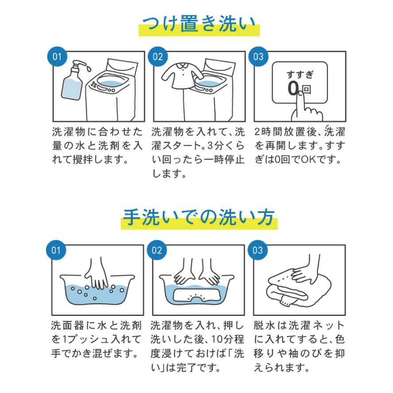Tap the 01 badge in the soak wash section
[56, 57]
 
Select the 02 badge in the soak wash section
[158, 57]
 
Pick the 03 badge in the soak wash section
[258, 57]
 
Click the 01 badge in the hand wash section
[56, 250]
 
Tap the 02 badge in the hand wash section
[158, 250]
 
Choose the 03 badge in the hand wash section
[258, 250]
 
